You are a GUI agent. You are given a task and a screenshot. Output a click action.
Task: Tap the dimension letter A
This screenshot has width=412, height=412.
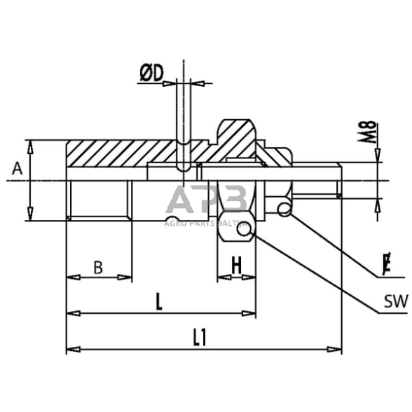point(17,167)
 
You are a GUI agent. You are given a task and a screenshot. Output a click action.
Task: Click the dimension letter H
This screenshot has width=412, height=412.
point(237,266)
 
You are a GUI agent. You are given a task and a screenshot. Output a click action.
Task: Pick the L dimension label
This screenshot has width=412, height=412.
point(159,302)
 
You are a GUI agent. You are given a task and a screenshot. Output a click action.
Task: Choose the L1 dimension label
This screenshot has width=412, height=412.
point(200,338)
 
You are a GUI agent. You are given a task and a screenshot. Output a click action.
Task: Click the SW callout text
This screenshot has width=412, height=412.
point(395,303)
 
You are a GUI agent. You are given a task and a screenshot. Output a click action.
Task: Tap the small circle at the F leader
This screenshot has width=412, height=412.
point(284,209)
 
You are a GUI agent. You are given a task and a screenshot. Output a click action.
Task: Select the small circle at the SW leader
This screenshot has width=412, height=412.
point(244,229)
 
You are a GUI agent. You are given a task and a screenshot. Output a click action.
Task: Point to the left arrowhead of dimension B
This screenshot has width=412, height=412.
point(71,277)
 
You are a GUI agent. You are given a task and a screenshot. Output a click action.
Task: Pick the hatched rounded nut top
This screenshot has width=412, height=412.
point(237,133)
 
